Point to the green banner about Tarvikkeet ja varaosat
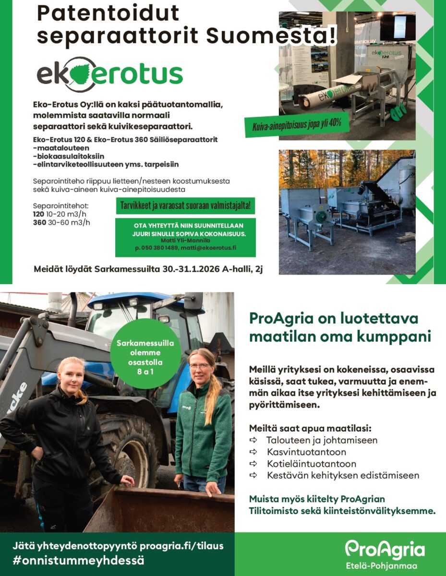click(x=185, y=206)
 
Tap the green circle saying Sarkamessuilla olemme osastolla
click(x=145, y=353)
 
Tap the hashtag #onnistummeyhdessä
click(x=79, y=560)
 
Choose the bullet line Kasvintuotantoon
click(x=306, y=452)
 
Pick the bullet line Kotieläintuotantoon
click(x=312, y=464)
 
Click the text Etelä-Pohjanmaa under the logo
click(x=385, y=566)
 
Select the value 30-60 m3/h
click(x=69, y=222)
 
